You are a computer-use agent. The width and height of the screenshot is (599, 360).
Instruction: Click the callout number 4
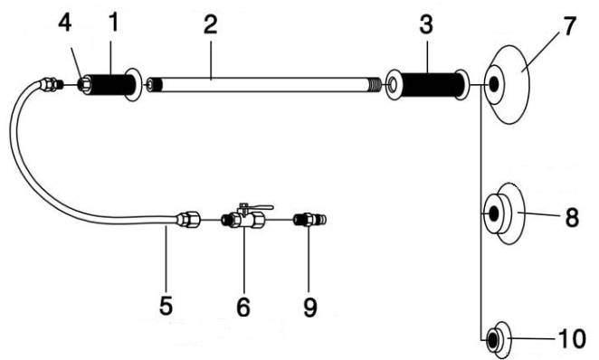pos(65,23)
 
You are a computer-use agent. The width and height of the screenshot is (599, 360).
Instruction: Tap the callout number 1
pos(113,22)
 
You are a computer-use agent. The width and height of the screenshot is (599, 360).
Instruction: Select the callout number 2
pos(211,25)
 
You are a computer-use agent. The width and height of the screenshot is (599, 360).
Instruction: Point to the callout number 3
pos(426,24)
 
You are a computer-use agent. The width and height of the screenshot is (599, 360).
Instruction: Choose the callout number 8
pos(572,218)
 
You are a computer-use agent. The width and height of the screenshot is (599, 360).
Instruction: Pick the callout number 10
pos(572,338)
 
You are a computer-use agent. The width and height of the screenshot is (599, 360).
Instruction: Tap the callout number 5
pos(166,306)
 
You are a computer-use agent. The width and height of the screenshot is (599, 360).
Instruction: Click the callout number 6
pos(243,307)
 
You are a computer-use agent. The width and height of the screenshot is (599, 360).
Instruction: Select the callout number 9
pos(309,307)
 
